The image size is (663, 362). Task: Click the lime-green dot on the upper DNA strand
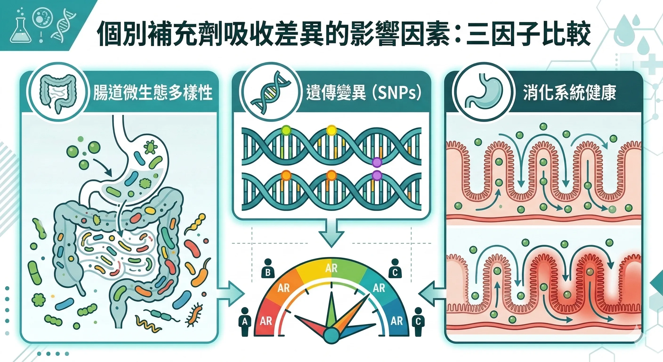(286, 130)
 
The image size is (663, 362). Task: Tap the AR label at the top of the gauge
(331, 268)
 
